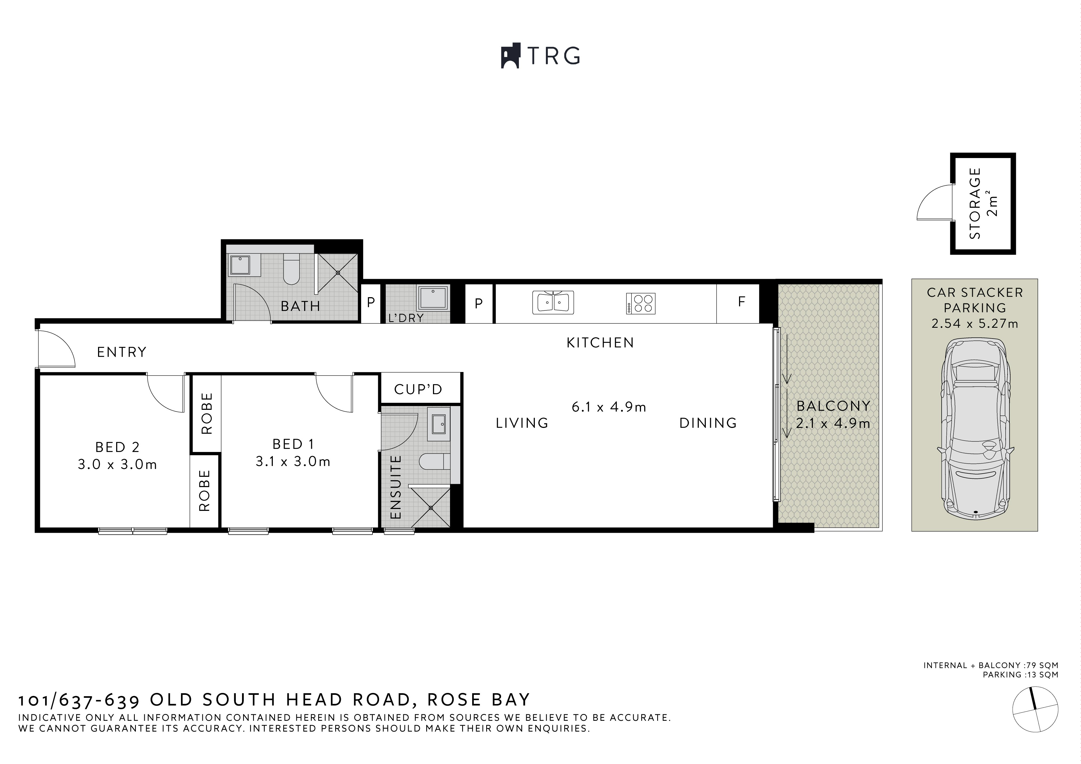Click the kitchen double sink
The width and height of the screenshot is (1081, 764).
[553, 302]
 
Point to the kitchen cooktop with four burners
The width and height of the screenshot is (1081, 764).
[641, 303]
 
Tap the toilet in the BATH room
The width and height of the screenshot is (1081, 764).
[291, 270]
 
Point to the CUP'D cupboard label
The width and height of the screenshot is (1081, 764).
[418, 389]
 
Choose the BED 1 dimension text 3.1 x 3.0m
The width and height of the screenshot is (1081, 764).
[293, 462]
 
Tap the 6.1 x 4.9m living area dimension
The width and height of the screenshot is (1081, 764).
[609, 407]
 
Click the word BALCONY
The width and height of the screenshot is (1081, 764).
[833, 406]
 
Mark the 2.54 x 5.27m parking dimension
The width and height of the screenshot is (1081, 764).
[975, 324]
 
